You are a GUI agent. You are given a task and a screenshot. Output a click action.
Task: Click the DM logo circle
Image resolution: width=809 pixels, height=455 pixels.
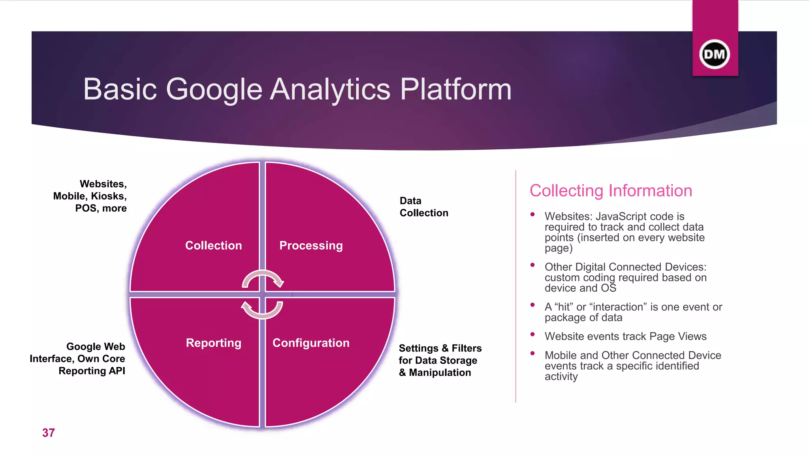tap(715, 54)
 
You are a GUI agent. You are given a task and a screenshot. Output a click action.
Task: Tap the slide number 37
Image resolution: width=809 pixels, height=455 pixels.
tap(49, 433)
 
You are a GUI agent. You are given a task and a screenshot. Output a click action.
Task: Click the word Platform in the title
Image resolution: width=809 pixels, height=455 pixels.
tap(456, 89)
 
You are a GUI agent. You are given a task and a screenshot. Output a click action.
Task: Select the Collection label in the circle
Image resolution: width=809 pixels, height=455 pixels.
tap(213, 246)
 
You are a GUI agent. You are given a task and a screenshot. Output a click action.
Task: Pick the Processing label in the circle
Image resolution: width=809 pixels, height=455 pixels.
tap(311, 246)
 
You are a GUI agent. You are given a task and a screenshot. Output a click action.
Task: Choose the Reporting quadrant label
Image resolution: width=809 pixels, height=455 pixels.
tap(213, 343)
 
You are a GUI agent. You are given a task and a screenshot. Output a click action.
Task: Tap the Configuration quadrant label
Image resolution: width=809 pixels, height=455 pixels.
tap(311, 343)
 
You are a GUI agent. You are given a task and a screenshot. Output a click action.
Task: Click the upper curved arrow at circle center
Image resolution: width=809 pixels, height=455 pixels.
tap(263, 278)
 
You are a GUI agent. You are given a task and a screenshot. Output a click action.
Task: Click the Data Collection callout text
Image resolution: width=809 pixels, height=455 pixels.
tap(423, 207)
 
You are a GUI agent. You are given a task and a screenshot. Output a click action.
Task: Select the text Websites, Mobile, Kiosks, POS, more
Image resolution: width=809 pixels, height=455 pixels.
tap(90, 196)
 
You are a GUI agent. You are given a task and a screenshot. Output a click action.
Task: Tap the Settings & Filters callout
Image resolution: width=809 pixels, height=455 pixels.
tap(440, 360)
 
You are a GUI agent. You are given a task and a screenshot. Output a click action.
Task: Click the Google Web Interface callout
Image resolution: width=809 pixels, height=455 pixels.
tap(78, 359)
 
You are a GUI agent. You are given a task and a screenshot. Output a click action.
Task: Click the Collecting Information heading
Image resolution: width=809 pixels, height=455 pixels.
tap(611, 191)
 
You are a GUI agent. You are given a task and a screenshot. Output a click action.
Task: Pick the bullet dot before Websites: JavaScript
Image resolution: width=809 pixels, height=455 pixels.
tap(532, 214)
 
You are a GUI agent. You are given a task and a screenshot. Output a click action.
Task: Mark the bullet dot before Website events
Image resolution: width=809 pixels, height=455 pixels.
tap(532, 334)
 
